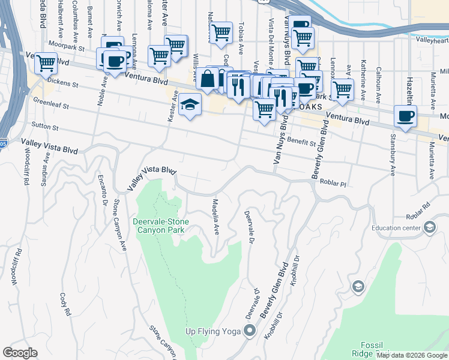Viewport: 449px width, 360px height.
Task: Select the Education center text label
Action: tap(396, 227)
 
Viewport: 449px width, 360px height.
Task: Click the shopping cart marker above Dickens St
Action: tap(46, 62)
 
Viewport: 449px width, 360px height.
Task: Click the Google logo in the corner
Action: tap(20, 353)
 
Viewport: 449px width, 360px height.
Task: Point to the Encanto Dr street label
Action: tap(104, 187)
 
